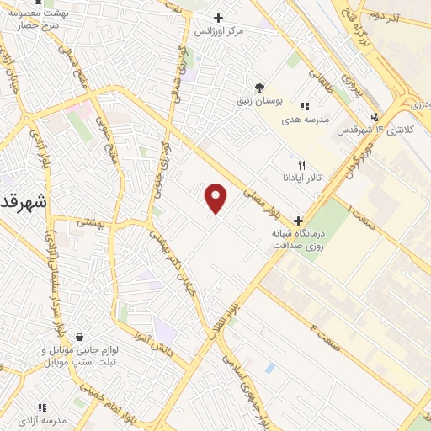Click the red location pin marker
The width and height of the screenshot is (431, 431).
(x=216, y=198)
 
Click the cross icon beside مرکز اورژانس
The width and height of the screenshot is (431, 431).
(x=218, y=18)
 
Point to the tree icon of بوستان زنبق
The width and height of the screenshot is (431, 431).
(x=259, y=87)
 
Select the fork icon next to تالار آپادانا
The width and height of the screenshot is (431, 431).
(x=302, y=165)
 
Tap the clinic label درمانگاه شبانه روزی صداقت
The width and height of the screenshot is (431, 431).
(x=296, y=238)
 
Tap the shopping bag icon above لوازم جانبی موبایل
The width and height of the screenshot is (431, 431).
(x=79, y=338)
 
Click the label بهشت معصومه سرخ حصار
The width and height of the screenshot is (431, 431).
(x=45, y=19)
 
